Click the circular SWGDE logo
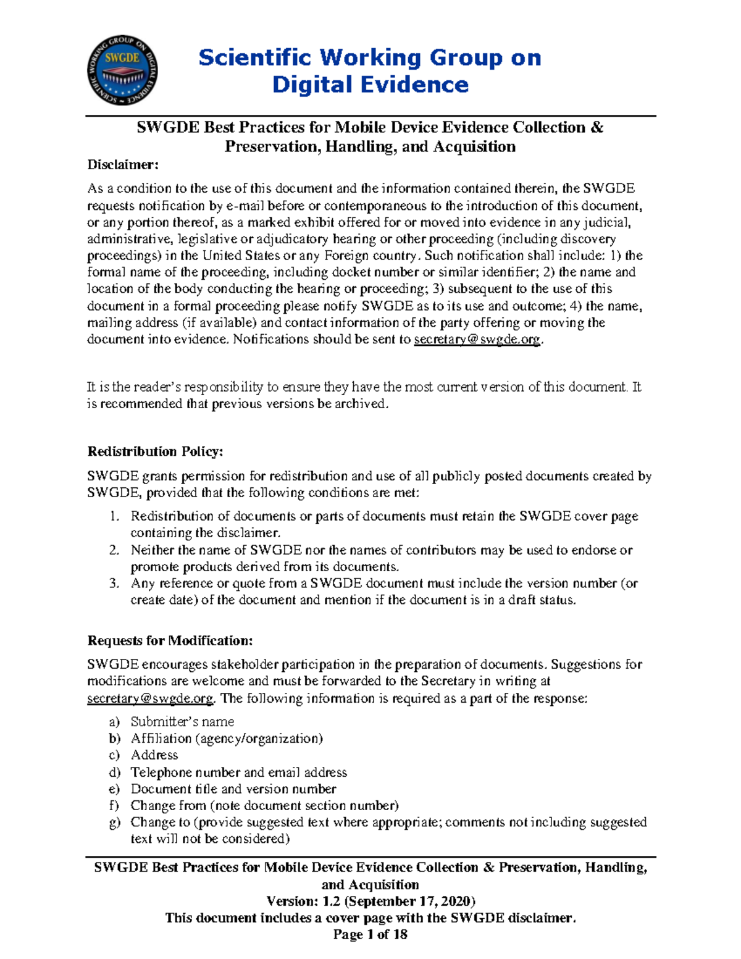pyautogui.click(x=122, y=70)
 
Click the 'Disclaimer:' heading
pyautogui.click(x=123, y=165)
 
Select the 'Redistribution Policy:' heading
pyautogui.click(x=155, y=451)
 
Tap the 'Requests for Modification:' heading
pyautogui.click(x=170, y=640)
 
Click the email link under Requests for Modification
pyautogui.click(x=150, y=698)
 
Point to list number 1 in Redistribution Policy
pyautogui.click(x=114, y=516)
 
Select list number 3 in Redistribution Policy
pyautogui.click(x=114, y=584)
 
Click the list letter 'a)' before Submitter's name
pyautogui.click(x=114, y=722)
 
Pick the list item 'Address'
pyautogui.click(x=154, y=755)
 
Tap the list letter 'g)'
pyautogui.click(x=114, y=823)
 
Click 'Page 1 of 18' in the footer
pyautogui.click(x=371, y=934)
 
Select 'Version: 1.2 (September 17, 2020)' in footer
pyautogui.click(x=371, y=901)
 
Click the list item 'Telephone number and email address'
pyautogui.click(x=238, y=773)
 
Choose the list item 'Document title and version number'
pyautogui.click(x=233, y=789)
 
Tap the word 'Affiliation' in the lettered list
pyautogui.click(x=161, y=739)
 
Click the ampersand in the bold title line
pyautogui.click(x=597, y=128)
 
